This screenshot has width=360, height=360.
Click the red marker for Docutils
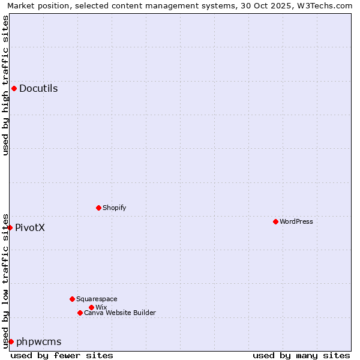click(x=14, y=89)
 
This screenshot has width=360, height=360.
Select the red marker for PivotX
click(x=10, y=227)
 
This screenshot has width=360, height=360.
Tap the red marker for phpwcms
click(x=11, y=341)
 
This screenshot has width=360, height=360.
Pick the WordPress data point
click(x=275, y=221)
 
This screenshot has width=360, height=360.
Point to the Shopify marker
click(x=98, y=208)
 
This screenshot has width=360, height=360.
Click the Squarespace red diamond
click(x=72, y=299)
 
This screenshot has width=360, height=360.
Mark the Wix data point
click(x=91, y=307)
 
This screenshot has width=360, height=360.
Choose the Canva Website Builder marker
click(x=80, y=313)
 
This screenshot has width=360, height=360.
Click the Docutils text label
click(x=38, y=89)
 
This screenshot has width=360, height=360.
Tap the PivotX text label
click(x=30, y=228)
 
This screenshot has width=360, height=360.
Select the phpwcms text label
click(x=39, y=342)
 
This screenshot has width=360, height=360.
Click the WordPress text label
click(x=296, y=221)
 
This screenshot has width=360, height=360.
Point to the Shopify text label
click(x=115, y=208)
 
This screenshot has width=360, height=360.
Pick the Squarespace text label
click(x=97, y=299)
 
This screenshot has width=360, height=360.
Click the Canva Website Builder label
click(x=120, y=313)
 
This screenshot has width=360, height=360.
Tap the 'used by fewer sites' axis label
click(x=62, y=355)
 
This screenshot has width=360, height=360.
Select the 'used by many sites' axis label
click(x=301, y=355)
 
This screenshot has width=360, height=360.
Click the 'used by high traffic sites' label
click(x=5, y=85)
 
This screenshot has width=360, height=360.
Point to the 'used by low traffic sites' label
click(x=5, y=281)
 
